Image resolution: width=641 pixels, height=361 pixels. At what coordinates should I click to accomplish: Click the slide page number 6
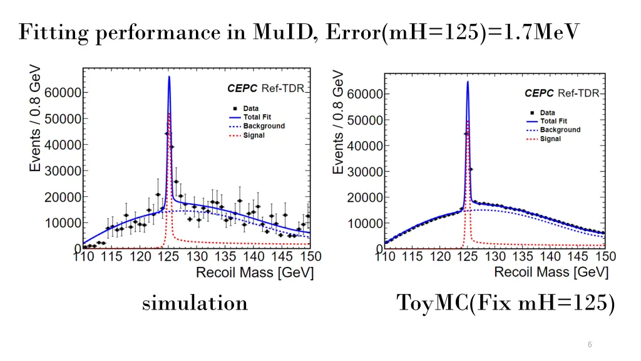click(x=590, y=344)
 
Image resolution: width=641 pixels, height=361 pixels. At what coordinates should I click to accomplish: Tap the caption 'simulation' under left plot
click(x=195, y=303)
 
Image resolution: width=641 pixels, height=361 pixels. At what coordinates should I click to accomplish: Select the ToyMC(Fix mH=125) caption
click(x=506, y=303)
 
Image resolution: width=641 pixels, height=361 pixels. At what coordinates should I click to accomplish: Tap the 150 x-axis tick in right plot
click(x=605, y=256)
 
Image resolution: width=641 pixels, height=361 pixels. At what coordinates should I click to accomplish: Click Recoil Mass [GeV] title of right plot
click(x=551, y=271)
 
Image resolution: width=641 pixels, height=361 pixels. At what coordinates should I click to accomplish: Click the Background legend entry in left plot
click(x=264, y=126)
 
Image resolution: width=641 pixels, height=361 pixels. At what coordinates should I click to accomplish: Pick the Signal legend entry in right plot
click(x=550, y=139)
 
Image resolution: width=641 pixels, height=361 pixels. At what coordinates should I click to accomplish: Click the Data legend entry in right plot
click(x=548, y=113)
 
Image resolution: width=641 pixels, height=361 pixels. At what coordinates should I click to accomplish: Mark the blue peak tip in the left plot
click(x=169, y=77)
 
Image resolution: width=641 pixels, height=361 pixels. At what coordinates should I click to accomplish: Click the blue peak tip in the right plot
click(x=467, y=81)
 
